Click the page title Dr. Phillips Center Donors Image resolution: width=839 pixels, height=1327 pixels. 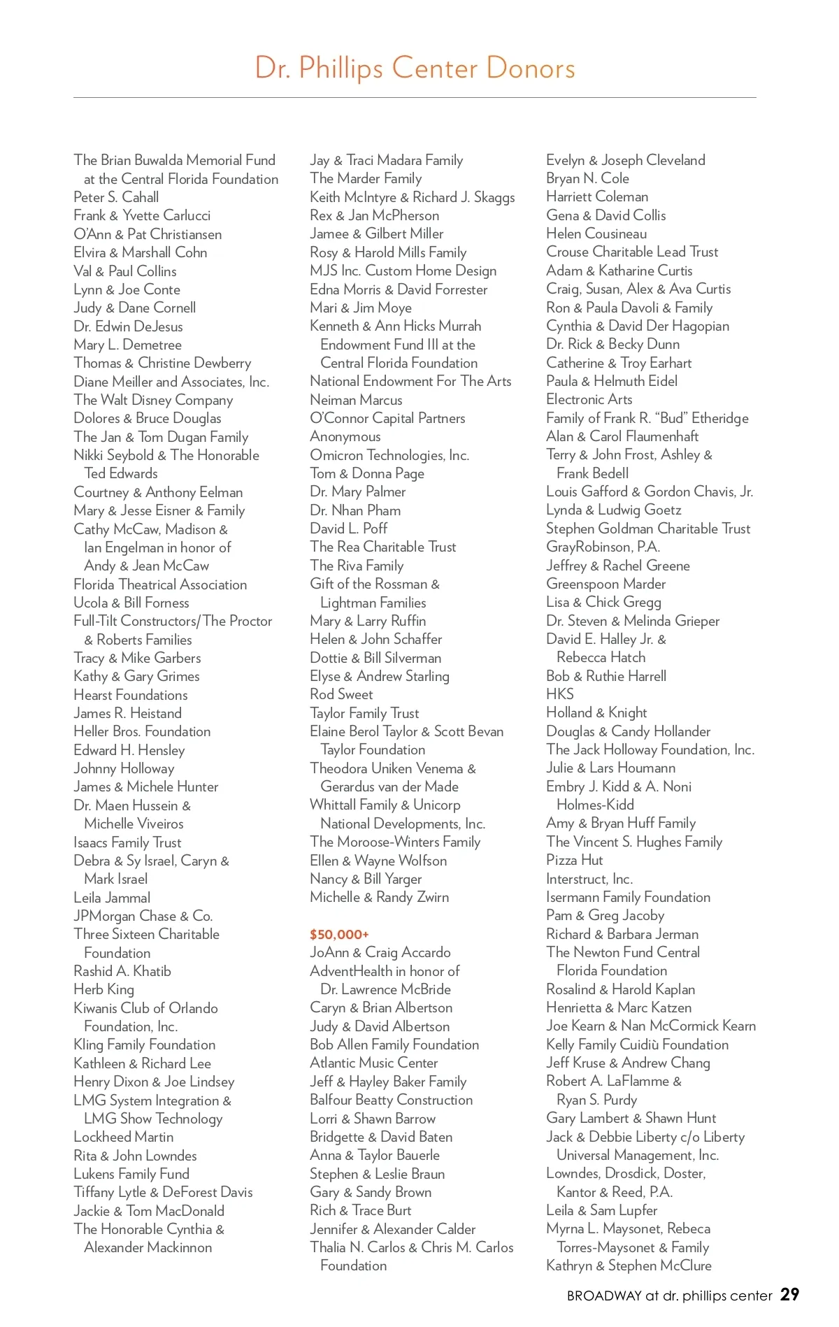(x=415, y=68)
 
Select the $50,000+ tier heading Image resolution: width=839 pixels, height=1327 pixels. (x=339, y=934)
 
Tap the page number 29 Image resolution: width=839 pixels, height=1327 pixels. (x=789, y=1294)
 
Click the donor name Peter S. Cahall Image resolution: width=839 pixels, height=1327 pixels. (x=116, y=197)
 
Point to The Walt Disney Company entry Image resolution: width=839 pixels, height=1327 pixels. (x=153, y=400)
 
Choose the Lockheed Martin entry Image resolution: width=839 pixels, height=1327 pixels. (x=124, y=1137)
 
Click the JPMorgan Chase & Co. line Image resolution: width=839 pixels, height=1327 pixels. (x=143, y=916)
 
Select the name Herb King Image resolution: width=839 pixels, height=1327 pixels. (x=103, y=989)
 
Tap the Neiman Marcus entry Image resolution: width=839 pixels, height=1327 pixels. (x=356, y=400)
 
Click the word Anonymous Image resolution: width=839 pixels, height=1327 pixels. (x=345, y=436)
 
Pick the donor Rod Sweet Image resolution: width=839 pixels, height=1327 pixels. (x=341, y=694)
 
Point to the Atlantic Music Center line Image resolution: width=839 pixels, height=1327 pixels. (x=374, y=1063)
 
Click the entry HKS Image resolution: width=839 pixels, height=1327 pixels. (x=560, y=694)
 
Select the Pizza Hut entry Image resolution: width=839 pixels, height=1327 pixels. (x=575, y=860)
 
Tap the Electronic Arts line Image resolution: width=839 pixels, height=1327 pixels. (x=589, y=399)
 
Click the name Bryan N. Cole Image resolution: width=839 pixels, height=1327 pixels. (x=588, y=178)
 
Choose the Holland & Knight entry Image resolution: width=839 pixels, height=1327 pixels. (x=596, y=712)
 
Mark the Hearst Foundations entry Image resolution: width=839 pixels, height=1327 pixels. (x=131, y=695)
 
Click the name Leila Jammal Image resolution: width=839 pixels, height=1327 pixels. (x=112, y=898)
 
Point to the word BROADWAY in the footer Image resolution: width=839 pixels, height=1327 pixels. (x=604, y=1296)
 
